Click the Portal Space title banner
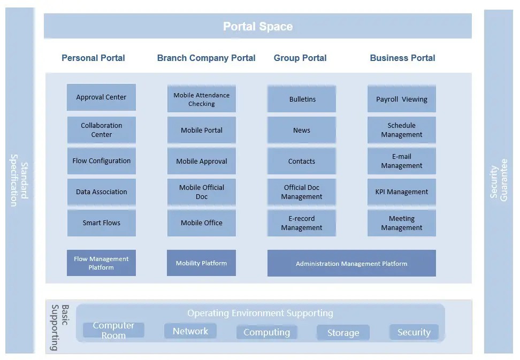tap(257, 26)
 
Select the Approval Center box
tap(101, 97)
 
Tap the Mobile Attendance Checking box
tap(201, 99)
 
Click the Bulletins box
tap(302, 99)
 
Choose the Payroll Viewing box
tap(401, 99)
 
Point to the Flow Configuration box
tap(101, 161)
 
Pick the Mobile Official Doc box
tap(201, 192)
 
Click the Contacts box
tap(302, 161)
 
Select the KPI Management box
tap(401, 192)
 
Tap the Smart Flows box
tap(101, 223)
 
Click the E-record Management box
tap(302, 223)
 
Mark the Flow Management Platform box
tap(101, 263)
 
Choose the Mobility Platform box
tap(201, 263)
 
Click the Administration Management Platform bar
tap(351, 263)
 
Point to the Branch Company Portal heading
tap(206, 58)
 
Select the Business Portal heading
tap(402, 58)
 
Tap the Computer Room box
tap(113, 330)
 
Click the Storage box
tap(343, 333)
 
